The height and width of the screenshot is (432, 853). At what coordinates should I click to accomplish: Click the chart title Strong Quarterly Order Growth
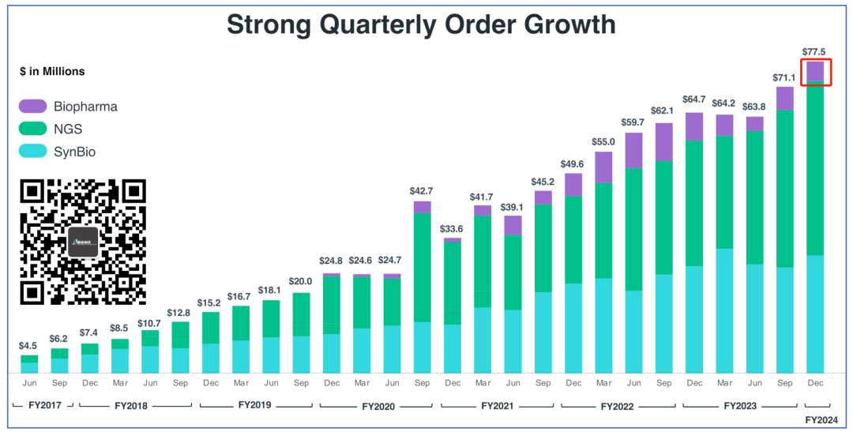coord(421,24)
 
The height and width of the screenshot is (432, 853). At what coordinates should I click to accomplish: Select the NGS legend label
coord(68,130)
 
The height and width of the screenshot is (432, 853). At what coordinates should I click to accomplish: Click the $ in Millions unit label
coord(52,71)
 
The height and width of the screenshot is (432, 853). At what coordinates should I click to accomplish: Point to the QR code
coord(83,242)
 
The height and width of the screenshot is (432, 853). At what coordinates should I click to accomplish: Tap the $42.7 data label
coord(423,191)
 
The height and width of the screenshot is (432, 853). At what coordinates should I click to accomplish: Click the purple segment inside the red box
coord(814,71)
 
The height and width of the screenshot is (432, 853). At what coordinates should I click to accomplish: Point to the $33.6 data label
coord(453,229)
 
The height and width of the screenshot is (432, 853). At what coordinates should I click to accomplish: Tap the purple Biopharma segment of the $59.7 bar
coord(633,150)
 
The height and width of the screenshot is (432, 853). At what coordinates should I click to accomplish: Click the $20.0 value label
coord(302,282)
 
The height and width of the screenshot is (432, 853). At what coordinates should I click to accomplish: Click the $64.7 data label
coord(694,100)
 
